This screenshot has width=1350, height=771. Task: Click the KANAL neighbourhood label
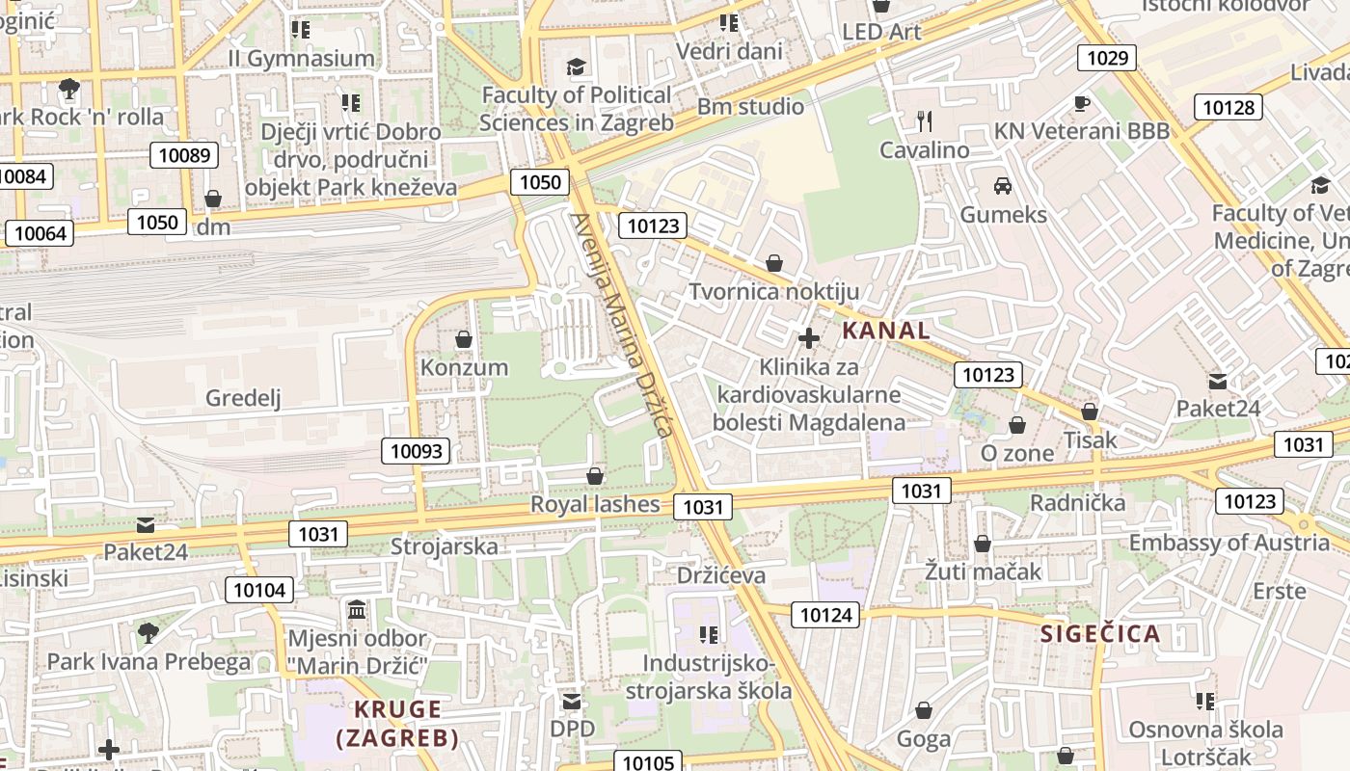(x=886, y=331)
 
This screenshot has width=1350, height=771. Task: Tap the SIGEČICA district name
(x=1100, y=633)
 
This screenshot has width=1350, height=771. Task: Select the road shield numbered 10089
(x=183, y=155)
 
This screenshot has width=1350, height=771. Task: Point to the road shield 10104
(x=260, y=590)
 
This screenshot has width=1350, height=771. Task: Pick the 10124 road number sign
(x=826, y=614)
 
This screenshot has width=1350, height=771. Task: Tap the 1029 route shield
(x=1107, y=58)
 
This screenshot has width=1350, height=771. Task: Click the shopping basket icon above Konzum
(x=464, y=339)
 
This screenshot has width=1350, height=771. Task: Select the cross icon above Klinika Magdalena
(x=809, y=338)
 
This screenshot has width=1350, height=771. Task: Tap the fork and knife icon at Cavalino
(x=924, y=120)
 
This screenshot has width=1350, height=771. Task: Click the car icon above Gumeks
(x=1003, y=185)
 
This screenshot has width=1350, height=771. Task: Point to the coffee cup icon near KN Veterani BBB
(x=1082, y=102)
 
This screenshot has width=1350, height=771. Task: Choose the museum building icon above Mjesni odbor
(x=357, y=610)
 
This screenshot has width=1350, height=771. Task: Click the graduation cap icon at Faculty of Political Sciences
(x=576, y=66)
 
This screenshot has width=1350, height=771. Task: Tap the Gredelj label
(x=243, y=398)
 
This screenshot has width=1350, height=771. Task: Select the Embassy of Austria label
(x=1228, y=543)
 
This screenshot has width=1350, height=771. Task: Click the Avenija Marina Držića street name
(x=621, y=325)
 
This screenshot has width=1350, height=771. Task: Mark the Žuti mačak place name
(x=983, y=572)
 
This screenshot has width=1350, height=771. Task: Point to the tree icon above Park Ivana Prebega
(x=148, y=633)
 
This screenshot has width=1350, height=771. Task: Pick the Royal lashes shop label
(x=595, y=504)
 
